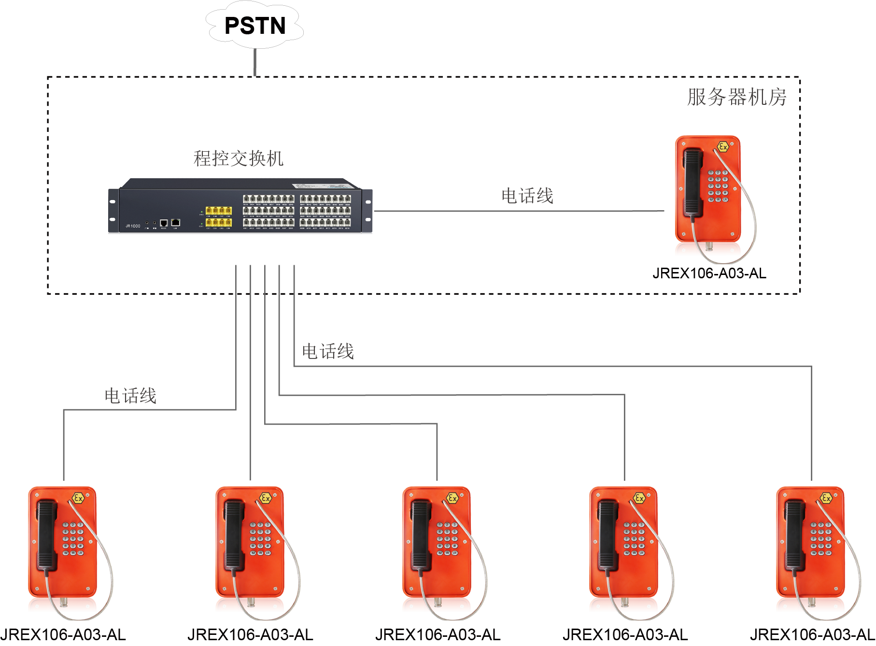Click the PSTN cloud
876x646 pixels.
click(x=254, y=26)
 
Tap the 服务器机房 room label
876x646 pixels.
click(x=736, y=97)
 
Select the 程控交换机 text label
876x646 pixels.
click(x=238, y=158)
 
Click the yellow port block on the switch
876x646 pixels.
click(x=219, y=216)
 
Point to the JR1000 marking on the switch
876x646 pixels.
click(x=133, y=226)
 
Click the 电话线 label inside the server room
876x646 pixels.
click(x=527, y=196)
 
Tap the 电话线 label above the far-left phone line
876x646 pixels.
click(x=130, y=396)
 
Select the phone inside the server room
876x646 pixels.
click(x=708, y=196)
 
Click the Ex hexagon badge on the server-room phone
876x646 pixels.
click(x=723, y=147)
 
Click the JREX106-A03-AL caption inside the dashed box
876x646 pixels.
click(x=709, y=273)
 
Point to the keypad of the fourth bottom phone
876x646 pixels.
click(x=634, y=538)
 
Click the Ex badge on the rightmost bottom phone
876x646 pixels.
click(x=826, y=498)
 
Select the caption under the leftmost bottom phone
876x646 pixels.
click(x=63, y=635)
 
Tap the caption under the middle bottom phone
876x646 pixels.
click(x=438, y=635)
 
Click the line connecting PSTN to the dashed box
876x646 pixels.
click(x=255, y=62)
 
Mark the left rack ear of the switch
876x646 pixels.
click(x=113, y=211)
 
